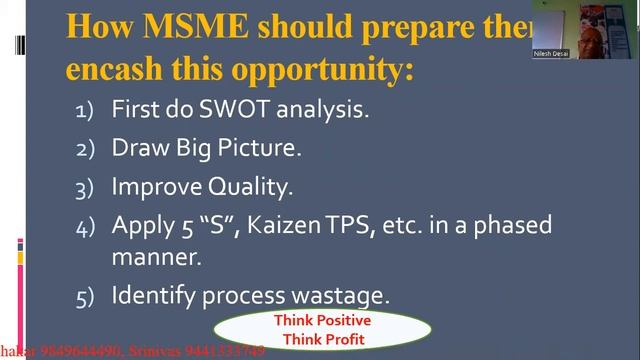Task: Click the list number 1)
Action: click(x=86, y=110)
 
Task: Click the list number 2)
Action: click(x=86, y=149)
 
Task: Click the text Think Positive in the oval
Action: click(x=322, y=321)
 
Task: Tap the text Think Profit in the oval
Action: click(x=322, y=339)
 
